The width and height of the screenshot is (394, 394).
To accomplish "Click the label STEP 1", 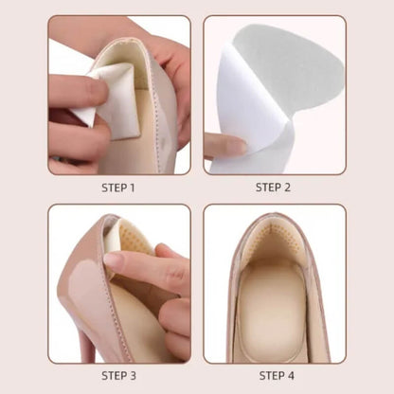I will (118, 188).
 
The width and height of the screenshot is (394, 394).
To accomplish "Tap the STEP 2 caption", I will (274, 188).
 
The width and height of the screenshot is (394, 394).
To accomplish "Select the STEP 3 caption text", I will (118, 376).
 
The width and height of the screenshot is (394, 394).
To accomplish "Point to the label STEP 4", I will (274, 376).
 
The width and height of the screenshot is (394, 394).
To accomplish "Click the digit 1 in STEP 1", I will (133, 188).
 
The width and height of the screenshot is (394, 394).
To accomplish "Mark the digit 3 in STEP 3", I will (134, 376).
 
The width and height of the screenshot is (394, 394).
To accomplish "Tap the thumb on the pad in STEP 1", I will (76, 93).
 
